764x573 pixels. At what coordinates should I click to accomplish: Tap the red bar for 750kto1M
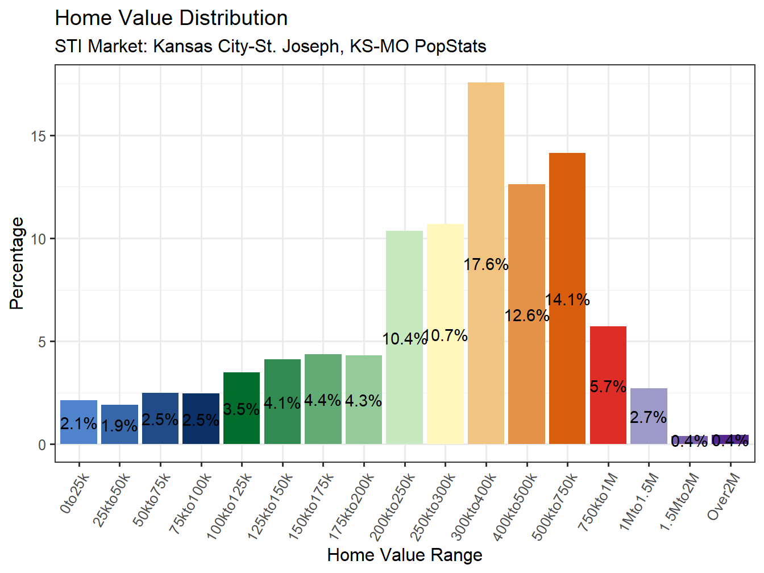(608, 352)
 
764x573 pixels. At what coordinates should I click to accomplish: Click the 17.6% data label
(486, 264)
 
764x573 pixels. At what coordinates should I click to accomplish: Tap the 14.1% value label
(567, 300)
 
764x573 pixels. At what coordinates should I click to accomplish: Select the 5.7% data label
(608, 387)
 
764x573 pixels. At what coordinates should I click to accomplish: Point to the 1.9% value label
(119, 426)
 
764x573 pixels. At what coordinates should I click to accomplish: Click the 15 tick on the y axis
(39, 136)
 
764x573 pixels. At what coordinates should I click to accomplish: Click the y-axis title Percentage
(17, 263)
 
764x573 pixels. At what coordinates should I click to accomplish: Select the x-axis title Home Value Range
(405, 555)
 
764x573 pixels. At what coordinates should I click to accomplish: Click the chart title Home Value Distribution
(171, 18)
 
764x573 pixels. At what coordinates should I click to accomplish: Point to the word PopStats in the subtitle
(450, 46)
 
